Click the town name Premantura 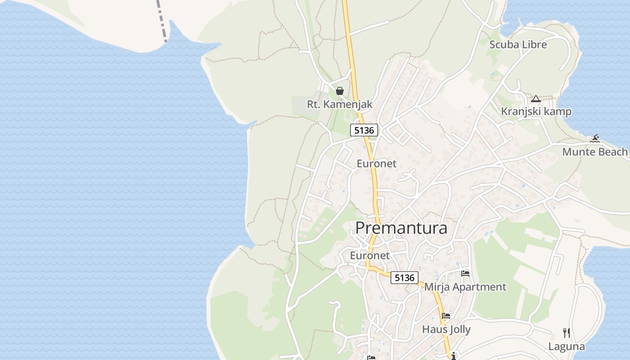[401, 228]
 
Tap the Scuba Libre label [518, 45]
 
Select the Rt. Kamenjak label [340, 104]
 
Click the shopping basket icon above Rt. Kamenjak [340, 91]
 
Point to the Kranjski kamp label [536, 112]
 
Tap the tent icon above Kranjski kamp [535, 99]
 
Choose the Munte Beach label [594, 152]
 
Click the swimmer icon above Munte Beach [595, 139]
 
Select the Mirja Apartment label [465, 287]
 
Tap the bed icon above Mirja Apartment [465, 274]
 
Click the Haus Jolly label [446, 329]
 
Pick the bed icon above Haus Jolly [446, 316]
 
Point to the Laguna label [567, 346]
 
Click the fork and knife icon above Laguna [567, 333]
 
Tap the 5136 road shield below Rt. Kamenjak [364, 130]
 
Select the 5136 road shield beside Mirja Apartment [404, 278]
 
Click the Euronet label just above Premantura [377, 163]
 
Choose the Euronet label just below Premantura [370, 256]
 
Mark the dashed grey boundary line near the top [162, 20]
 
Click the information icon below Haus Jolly [454, 356]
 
